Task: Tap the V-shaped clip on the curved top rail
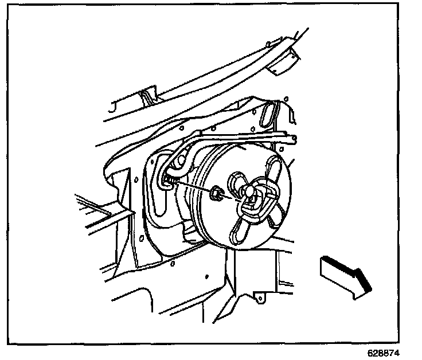click(148, 95)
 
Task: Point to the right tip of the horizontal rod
click(294, 138)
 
